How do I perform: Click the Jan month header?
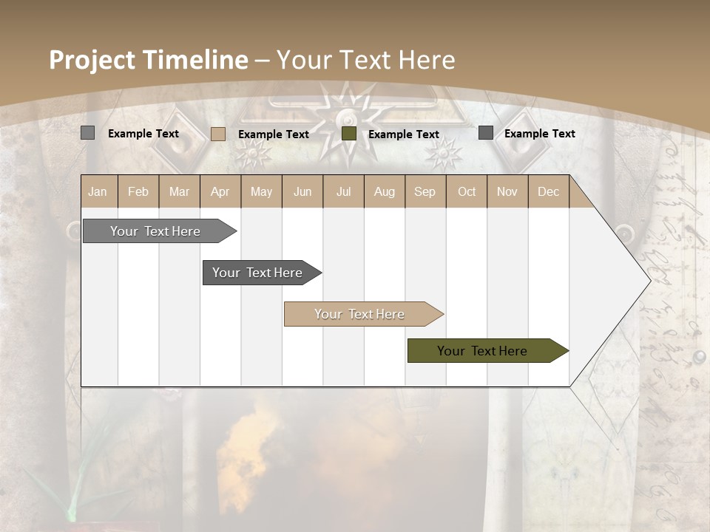tap(98, 191)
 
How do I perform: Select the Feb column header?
tap(138, 191)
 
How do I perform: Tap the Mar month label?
tap(179, 191)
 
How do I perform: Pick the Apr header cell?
tap(220, 191)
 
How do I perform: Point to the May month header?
tap(261, 191)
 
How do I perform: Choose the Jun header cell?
tap(302, 191)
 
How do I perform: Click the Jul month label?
tap(343, 191)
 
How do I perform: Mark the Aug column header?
tap(385, 191)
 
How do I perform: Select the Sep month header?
tap(425, 191)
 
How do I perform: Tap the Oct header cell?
tap(467, 191)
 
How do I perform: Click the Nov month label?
tap(507, 191)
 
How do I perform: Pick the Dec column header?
tap(549, 191)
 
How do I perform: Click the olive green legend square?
tap(349, 134)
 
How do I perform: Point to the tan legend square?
tap(218, 134)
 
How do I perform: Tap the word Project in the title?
tap(92, 60)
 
